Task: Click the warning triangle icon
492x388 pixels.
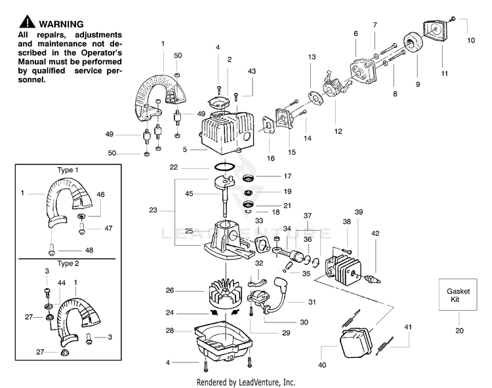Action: [27, 22]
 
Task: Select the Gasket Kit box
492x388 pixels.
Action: [458, 294]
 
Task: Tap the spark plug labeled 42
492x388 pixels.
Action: [372, 278]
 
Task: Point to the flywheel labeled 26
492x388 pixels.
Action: [226, 294]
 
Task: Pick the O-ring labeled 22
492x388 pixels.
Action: [225, 166]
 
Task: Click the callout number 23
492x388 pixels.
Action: [153, 210]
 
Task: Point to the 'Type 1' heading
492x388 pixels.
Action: [68, 170]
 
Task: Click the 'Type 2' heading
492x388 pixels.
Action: [68, 263]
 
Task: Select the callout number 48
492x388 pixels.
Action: [89, 250]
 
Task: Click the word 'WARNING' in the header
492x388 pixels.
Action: [61, 24]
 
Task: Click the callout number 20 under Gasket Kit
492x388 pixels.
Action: [459, 330]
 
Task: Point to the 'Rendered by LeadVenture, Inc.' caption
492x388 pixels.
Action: [246, 382]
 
